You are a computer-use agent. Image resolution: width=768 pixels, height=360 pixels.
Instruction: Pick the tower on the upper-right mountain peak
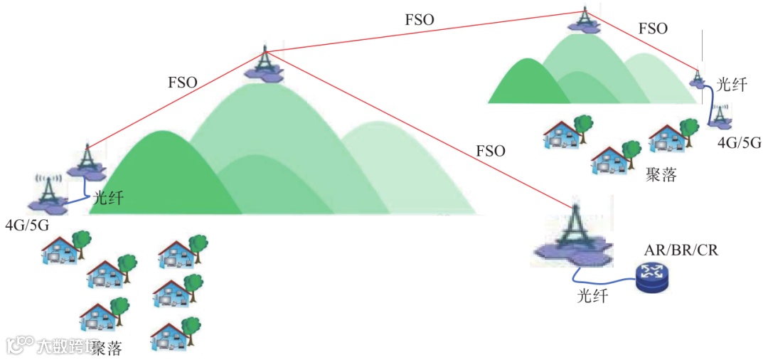click(x=584, y=18)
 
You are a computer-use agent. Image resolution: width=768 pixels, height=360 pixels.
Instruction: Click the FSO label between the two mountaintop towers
click(x=419, y=20)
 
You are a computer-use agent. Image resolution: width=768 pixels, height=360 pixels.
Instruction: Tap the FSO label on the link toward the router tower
click(x=490, y=151)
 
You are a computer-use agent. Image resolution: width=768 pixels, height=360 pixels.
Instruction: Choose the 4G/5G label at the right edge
click(x=739, y=142)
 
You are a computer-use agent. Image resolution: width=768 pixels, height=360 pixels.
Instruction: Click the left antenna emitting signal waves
click(x=48, y=190)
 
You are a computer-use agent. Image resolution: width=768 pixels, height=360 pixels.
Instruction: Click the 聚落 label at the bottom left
click(x=107, y=348)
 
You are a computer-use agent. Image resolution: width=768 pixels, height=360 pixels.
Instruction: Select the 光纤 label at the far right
click(x=731, y=85)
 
